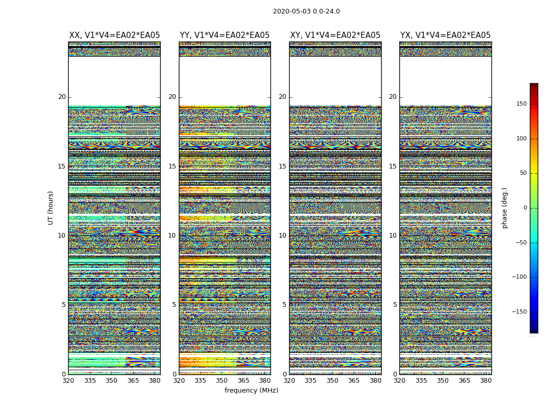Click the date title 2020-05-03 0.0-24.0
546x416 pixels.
pos(306,11)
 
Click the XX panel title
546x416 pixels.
pos(114,35)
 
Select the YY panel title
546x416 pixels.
pos(225,35)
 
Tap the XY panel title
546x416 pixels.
pos(335,35)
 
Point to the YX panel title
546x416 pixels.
pos(445,35)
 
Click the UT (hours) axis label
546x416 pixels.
pos(51,207)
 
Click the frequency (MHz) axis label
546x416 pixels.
pos(251,391)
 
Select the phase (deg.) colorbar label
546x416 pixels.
pos(504,208)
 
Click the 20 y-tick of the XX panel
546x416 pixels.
pos(62,97)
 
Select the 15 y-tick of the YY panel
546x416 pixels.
pos(172,166)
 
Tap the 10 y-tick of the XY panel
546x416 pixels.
pos(282,236)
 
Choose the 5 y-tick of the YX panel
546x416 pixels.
pos(395,305)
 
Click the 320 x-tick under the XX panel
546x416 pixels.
pos(68,381)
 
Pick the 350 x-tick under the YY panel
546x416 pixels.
pos(222,381)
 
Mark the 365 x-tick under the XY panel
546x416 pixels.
pos(354,381)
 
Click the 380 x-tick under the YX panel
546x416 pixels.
pos(486,381)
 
